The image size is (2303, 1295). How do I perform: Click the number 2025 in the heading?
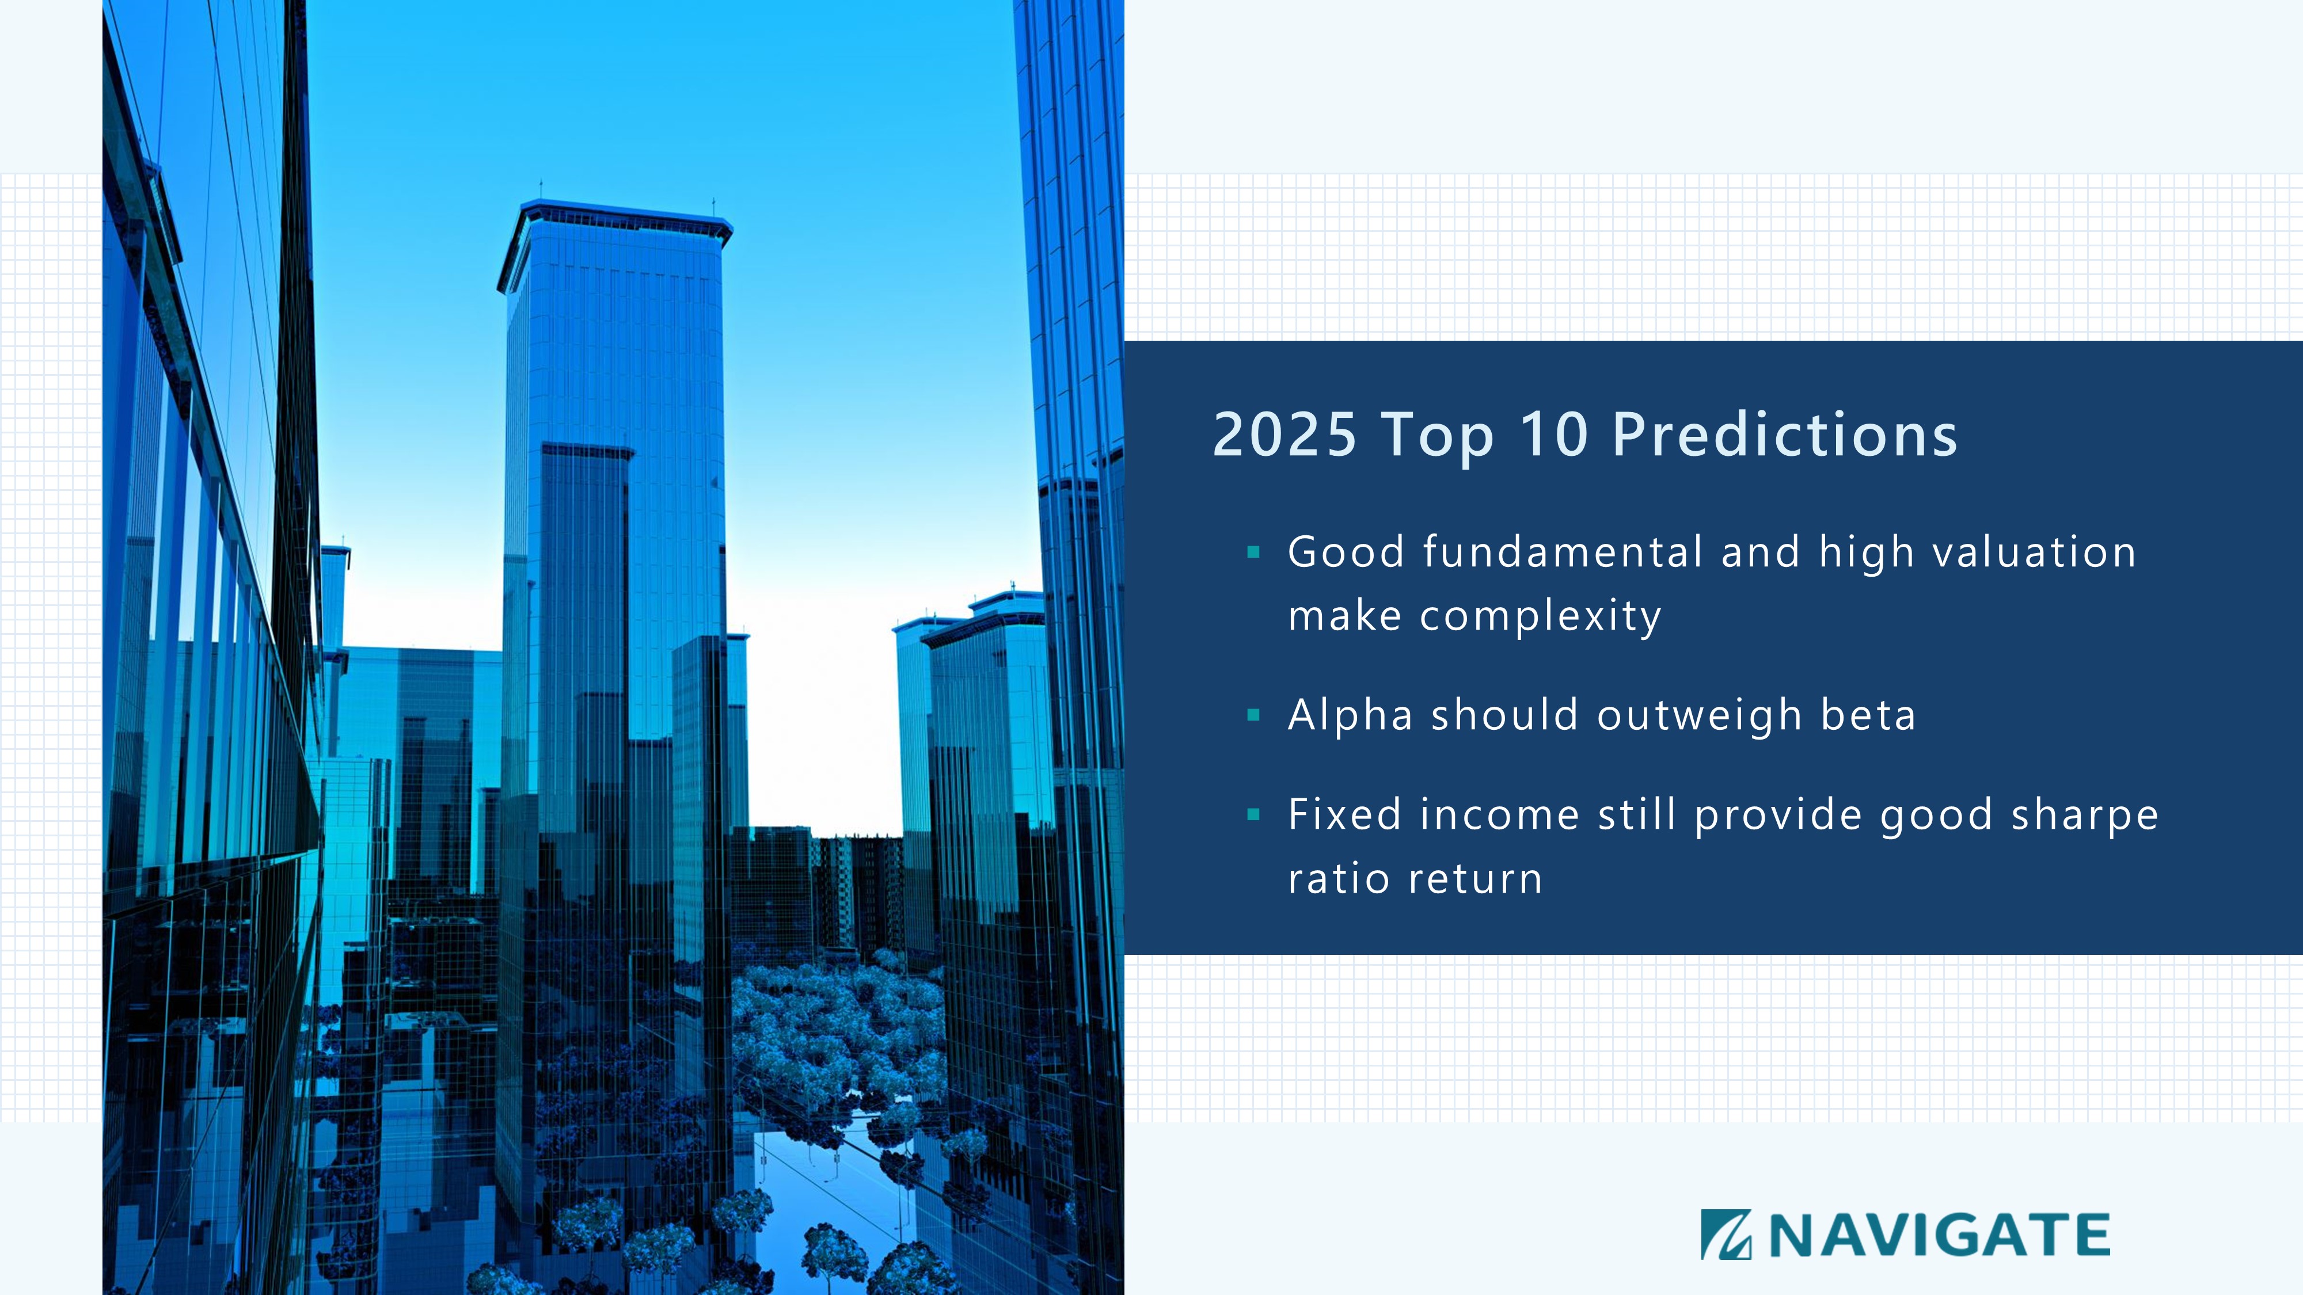pos(1284,435)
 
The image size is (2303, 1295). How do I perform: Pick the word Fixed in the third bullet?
pos(1344,815)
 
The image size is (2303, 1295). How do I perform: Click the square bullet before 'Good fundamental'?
pos(1253,553)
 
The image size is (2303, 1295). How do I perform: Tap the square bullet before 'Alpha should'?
pos(1253,715)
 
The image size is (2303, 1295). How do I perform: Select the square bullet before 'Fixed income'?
pos(1253,814)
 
